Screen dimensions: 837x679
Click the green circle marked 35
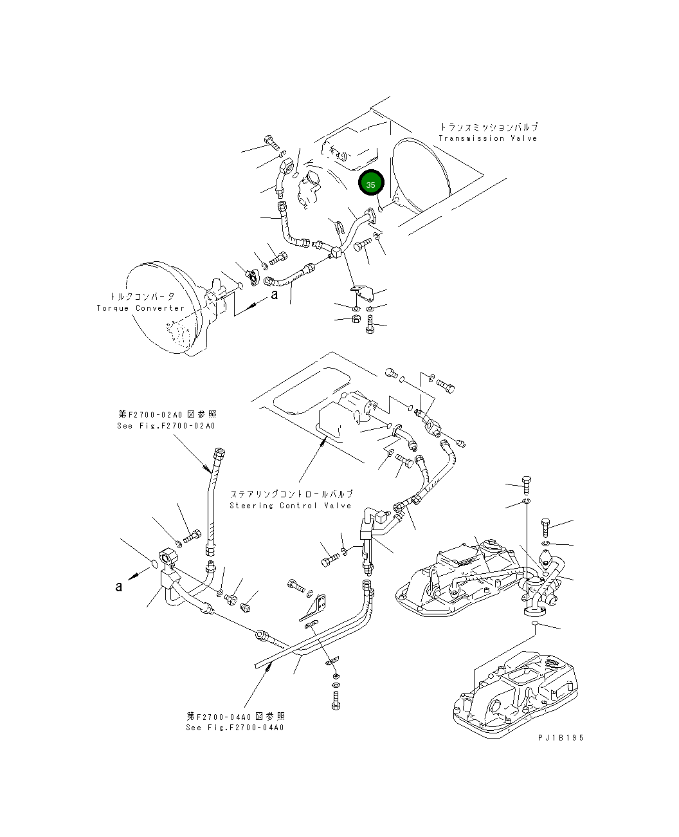tap(371, 184)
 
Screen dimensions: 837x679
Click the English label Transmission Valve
tap(487, 138)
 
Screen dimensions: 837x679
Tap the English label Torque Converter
tap(141, 308)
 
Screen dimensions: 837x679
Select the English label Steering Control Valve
tap(291, 506)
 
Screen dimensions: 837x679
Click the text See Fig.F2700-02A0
tap(167, 426)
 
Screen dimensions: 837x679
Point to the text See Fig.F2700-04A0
tap(235, 728)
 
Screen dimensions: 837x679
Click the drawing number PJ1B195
tap(561, 738)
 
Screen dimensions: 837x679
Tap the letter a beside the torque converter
tap(275, 295)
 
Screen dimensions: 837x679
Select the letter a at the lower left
tap(118, 586)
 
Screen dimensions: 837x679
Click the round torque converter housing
tap(161, 308)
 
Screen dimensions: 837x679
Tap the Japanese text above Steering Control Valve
tap(291, 495)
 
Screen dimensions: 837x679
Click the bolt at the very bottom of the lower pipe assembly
tap(335, 703)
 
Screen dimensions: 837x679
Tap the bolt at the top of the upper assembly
tap(270, 142)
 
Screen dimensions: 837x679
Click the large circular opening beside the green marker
tap(418, 174)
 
